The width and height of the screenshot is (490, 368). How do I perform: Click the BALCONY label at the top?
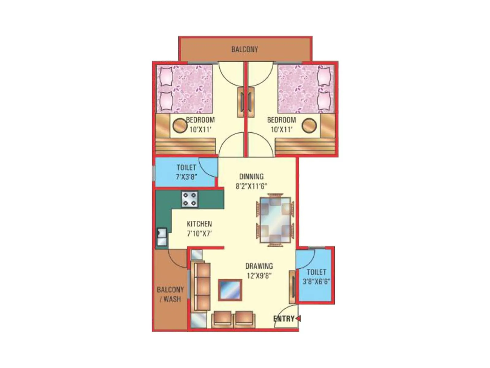click(x=244, y=49)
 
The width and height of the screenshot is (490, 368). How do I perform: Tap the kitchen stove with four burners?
click(x=190, y=199)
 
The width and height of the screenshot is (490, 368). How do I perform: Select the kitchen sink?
click(x=162, y=237)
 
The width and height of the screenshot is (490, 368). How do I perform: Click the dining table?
click(x=275, y=220)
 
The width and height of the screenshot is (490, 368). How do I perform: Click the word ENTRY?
click(x=284, y=319)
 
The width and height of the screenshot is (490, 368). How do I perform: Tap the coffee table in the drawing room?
click(x=230, y=290)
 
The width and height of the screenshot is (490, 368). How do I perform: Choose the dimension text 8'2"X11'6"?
click(x=251, y=186)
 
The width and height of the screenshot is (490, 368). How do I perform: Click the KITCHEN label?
click(x=199, y=224)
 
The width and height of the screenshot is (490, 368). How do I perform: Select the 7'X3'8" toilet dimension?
click(x=186, y=177)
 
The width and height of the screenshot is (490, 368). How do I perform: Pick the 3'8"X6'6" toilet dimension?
click(x=316, y=281)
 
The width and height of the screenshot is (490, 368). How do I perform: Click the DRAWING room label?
click(x=259, y=266)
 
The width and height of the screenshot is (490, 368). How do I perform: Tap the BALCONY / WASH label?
click(x=170, y=294)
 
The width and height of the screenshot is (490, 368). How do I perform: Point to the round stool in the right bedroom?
click(x=309, y=125)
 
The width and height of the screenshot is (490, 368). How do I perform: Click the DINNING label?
click(x=251, y=176)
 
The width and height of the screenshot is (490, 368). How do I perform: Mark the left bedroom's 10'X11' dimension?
click(x=200, y=129)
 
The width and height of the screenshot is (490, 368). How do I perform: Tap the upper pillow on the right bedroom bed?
click(x=324, y=76)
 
